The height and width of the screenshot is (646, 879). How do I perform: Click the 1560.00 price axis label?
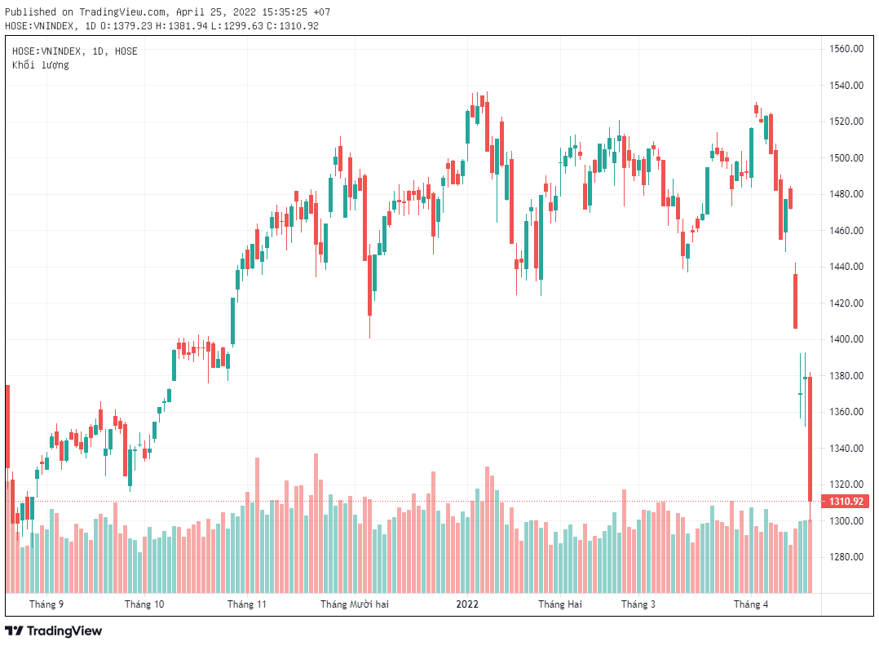846,49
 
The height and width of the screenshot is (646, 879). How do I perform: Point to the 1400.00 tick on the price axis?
846,339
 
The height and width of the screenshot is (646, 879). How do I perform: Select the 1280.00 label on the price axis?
846,557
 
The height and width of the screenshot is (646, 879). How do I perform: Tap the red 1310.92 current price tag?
846,502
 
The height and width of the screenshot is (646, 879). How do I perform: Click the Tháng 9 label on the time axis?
46,604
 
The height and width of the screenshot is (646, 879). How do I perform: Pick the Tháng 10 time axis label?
144,604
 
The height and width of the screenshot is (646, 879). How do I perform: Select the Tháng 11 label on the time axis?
247,604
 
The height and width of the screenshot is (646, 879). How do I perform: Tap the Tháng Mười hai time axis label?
355,604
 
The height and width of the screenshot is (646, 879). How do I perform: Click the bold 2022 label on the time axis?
467,604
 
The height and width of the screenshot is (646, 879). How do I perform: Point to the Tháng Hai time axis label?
560,604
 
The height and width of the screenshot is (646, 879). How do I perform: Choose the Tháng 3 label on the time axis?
638,604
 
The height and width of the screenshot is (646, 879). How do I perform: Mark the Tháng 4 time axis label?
751,604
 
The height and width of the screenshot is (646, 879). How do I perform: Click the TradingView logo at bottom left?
54,631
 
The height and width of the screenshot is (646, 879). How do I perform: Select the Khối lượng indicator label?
41,64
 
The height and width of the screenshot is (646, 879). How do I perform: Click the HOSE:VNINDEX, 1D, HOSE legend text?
75,51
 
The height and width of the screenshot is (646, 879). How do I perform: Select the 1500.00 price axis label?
846,158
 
